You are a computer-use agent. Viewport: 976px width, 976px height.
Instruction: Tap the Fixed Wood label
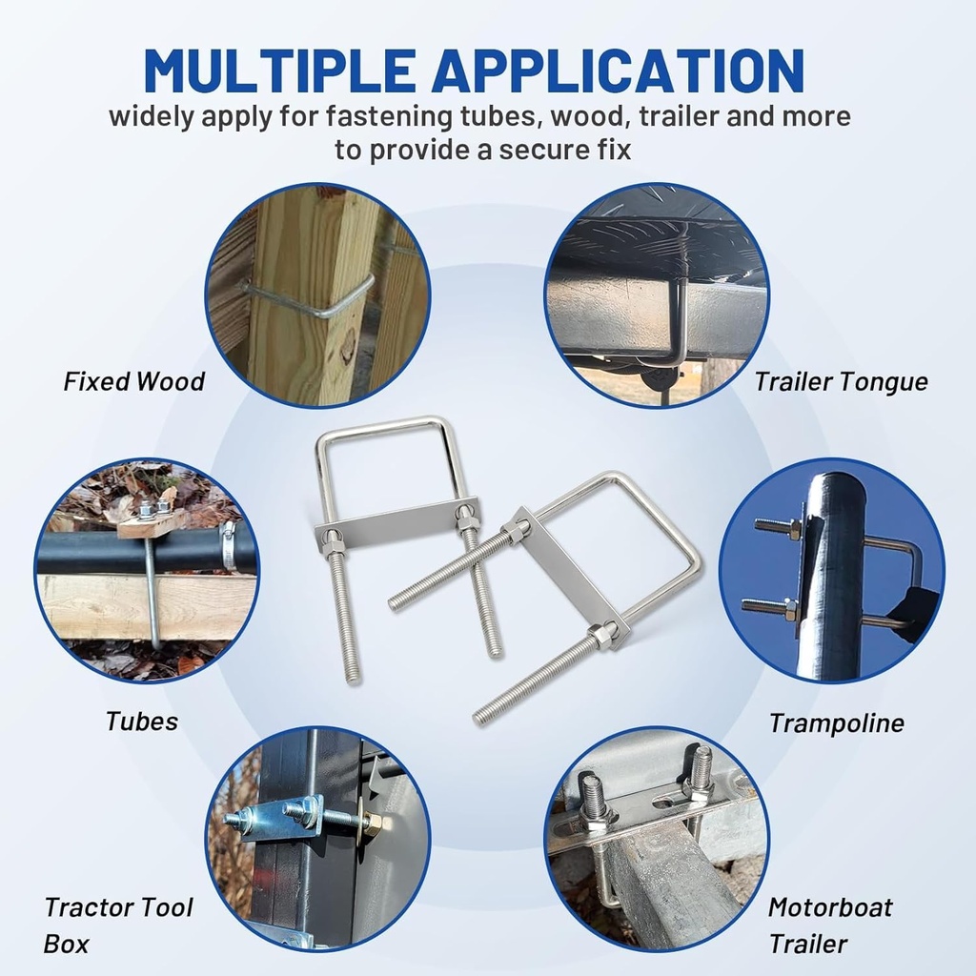(134, 381)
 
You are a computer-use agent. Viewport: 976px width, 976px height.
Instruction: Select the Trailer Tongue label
(841, 382)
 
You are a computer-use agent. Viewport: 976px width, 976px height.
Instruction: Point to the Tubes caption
(142, 722)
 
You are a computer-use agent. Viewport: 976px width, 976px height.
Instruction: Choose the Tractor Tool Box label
(118, 925)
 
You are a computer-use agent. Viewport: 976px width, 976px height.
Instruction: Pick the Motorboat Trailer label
(830, 925)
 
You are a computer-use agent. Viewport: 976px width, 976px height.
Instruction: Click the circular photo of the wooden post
(317, 295)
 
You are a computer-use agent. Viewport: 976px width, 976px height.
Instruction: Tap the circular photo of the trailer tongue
(657, 295)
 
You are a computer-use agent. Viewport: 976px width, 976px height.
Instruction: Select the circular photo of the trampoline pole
(831, 571)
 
